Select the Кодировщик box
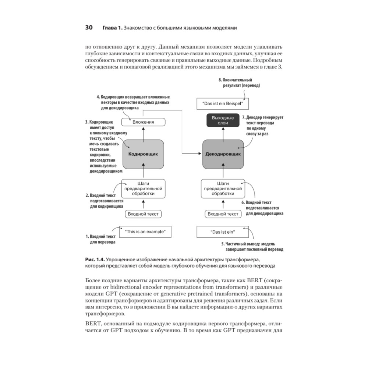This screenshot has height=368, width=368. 143,155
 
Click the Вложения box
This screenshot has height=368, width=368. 143,122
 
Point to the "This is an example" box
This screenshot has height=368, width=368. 146,232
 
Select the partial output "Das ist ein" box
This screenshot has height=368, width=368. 223,232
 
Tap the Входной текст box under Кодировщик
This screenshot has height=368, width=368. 144,214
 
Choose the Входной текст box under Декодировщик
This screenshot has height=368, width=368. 223,214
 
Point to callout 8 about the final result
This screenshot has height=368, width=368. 239,82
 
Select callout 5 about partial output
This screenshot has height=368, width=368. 252,247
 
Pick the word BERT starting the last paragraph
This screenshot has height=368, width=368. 92,323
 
